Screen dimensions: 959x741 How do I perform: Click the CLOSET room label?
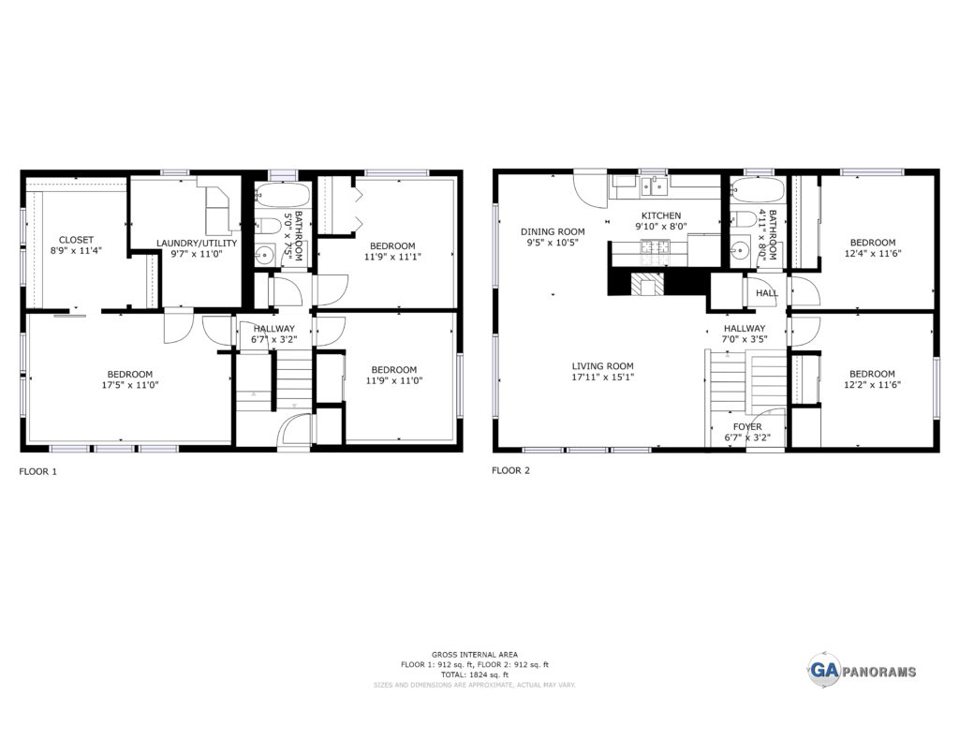(x=76, y=240)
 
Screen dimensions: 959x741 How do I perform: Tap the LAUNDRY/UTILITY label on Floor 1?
(x=197, y=243)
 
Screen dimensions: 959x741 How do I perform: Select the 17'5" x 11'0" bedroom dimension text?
(x=129, y=385)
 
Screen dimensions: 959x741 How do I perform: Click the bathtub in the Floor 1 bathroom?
(x=283, y=194)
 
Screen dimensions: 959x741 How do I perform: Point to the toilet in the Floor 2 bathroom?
(x=745, y=218)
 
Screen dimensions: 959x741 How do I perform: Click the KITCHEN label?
(x=660, y=215)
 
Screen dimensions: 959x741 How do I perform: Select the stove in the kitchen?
(x=655, y=247)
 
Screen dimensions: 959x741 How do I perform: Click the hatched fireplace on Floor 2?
(x=647, y=284)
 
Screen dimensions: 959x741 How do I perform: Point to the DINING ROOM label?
(x=553, y=231)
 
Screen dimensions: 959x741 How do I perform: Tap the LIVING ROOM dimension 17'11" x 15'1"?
(x=602, y=377)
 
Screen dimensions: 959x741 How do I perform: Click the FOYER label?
(x=747, y=426)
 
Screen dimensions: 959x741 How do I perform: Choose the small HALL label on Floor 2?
(x=767, y=293)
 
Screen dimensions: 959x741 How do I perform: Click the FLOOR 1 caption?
(x=37, y=472)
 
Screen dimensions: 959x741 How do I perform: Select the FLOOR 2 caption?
(x=510, y=470)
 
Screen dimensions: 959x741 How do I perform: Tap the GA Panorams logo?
(x=863, y=670)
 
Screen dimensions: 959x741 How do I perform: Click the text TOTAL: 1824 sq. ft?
(x=475, y=674)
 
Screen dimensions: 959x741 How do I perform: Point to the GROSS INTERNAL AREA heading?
(x=475, y=654)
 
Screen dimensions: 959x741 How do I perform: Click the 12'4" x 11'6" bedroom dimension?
(x=872, y=253)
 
